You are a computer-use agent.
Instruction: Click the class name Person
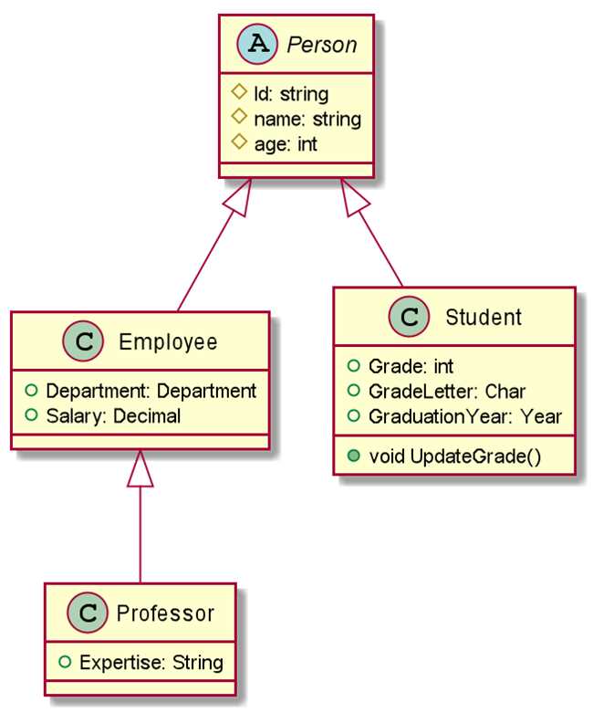pyautogui.click(x=322, y=45)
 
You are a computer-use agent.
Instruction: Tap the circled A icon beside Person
pyautogui.click(x=257, y=44)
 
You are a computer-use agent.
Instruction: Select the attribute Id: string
pyautogui.click(x=291, y=94)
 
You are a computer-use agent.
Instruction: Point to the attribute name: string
pyautogui.click(x=307, y=119)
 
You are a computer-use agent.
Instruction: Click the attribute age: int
pyautogui.click(x=286, y=144)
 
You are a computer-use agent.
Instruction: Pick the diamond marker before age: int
pyautogui.click(x=239, y=142)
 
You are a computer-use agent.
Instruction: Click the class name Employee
pyautogui.click(x=168, y=342)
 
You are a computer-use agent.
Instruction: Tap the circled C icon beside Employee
pyautogui.click(x=83, y=341)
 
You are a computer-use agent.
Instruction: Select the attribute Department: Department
pyautogui.click(x=151, y=391)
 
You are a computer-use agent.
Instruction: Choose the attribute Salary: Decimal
pyautogui.click(x=114, y=416)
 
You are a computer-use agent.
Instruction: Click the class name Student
pyautogui.click(x=484, y=317)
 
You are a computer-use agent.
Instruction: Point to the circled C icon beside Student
pyautogui.click(x=409, y=317)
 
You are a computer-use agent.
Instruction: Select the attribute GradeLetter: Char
pyautogui.click(x=447, y=391)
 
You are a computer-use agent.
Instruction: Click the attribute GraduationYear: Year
pyautogui.click(x=465, y=416)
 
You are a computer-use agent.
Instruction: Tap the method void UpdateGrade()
pyautogui.click(x=455, y=456)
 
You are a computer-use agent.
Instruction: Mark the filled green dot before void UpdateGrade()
pyautogui.click(x=353, y=456)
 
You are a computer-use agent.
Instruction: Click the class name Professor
pyautogui.click(x=165, y=613)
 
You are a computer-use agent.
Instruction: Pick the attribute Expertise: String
pyautogui.click(x=151, y=663)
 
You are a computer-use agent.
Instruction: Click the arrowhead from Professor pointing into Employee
pyautogui.click(x=140, y=468)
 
